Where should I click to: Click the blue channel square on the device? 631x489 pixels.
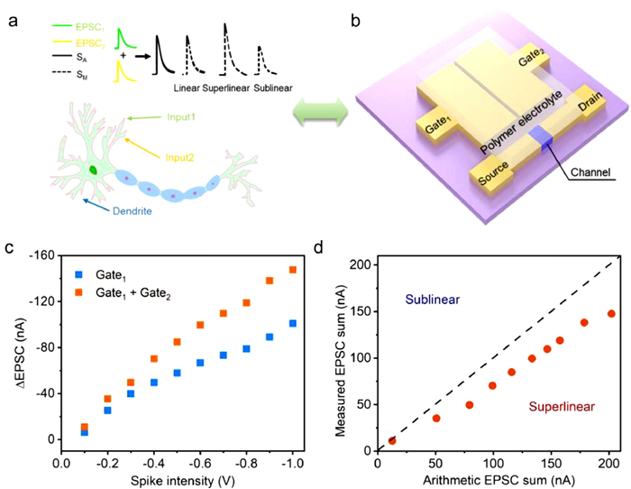click(x=540, y=137)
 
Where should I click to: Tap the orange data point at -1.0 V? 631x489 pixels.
click(x=293, y=270)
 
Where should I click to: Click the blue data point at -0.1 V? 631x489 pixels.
click(x=84, y=432)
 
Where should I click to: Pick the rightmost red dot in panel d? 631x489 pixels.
click(x=611, y=314)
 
